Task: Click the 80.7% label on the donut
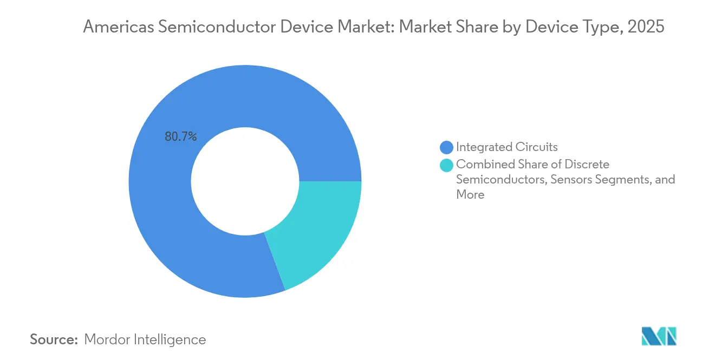[181, 137]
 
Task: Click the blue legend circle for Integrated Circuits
[447, 147]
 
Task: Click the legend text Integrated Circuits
[506, 147]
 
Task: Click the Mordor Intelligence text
[145, 339]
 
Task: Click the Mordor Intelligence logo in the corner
[659, 336]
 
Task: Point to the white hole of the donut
[245, 181]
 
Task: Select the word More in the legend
[470, 195]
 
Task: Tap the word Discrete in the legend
[587, 164]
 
